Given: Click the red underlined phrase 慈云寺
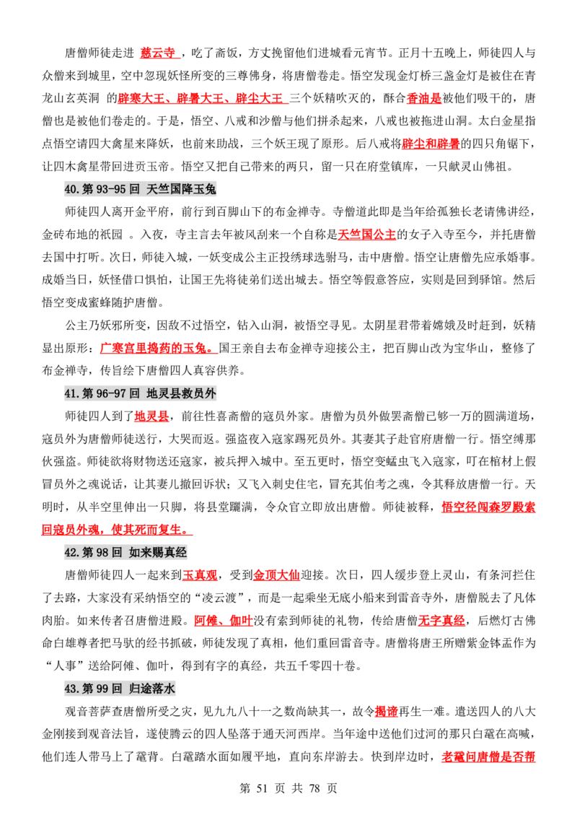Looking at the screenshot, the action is pyautogui.click(x=158, y=53).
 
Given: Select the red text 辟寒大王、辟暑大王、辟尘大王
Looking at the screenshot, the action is pyautogui.click(x=201, y=98).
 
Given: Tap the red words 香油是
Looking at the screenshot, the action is pyautogui.click(x=424, y=98).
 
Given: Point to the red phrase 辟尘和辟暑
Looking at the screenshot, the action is pyautogui.click(x=431, y=144).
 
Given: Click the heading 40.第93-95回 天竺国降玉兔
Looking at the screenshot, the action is pyautogui.click(x=140, y=189).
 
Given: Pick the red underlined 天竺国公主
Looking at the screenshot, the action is pyautogui.click(x=367, y=235).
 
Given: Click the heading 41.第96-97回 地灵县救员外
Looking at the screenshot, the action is pyautogui.click(x=140, y=393).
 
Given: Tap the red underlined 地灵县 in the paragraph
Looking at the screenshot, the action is pyautogui.click(x=151, y=416).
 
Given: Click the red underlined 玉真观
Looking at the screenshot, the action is pyautogui.click(x=200, y=575).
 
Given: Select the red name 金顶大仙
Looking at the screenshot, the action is pyautogui.click(x=276, y=575).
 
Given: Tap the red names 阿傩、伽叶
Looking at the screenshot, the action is pyautogui.click(x=224, y=621).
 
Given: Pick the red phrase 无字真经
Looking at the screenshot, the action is pyautogui.click(x=441, y=621).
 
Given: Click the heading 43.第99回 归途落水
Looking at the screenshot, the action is pyautogui.click(x=120, y=689).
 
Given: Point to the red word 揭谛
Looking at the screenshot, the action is pyautogui.click(x=387, y=712).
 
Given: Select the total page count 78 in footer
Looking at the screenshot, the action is pyautogui.click(x=314, y=788).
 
